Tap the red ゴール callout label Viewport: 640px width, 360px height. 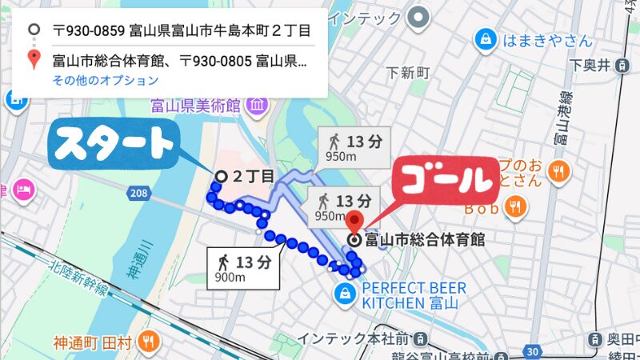pos(445,181)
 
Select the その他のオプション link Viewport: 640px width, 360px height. pos(106,80)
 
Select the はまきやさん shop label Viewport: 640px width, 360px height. pos(547,39)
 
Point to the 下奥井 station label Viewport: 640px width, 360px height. pos(591,65)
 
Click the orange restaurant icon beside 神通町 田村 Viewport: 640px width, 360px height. pos(147,343)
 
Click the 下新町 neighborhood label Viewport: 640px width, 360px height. pos(408,73)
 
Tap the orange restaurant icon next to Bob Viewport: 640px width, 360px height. pos(516,209)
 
